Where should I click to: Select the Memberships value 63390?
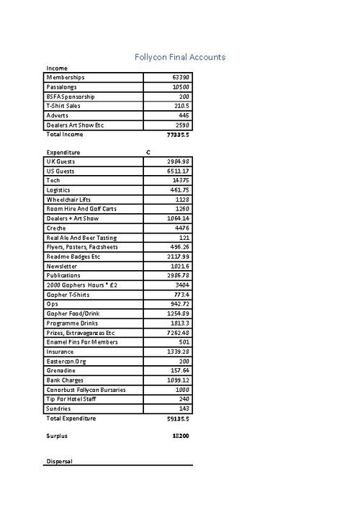tap(181, 77)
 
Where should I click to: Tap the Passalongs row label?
tap(63, 86)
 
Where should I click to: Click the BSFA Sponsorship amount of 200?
tap(184, 96)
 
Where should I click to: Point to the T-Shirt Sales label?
tap(63, 106)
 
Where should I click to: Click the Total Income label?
tap(65, 135)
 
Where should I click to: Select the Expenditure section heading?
tap(63, 153)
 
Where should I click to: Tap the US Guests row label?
tap(60, 171)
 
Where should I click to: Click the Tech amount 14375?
tap(181, 181)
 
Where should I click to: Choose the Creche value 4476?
tap(182, 228)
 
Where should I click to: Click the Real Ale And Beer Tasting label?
tap(81, 238)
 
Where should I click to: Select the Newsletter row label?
tap(62, 266)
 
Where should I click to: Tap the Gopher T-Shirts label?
tap(68, 295)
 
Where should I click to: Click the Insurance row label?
tap(60, 352)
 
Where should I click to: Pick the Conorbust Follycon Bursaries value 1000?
tap(182, 390)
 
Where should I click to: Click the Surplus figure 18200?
tap(179, 436)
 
